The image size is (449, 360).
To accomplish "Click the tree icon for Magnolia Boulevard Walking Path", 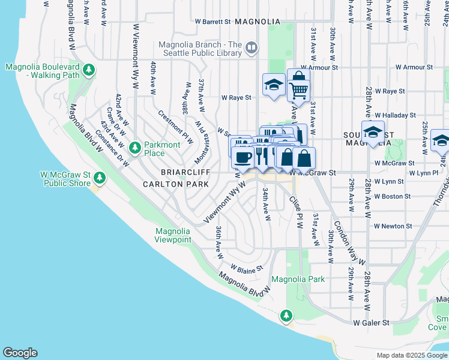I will tap(89, 70).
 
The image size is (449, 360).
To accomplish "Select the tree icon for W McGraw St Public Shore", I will tap(100, 178).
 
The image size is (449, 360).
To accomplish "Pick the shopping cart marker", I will tap(298, 89).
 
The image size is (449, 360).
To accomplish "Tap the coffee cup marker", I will tap(243, 158).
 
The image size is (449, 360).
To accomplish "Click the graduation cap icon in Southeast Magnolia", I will tap(373, 133).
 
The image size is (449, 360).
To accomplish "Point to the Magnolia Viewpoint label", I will tap(173, 235).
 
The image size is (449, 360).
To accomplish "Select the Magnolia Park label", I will tap(298, 279).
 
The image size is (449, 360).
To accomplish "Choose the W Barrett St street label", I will tap(213, 22).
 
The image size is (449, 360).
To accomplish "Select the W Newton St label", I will tap(393, 226).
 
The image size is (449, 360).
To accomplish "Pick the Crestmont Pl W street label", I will tap(175, 127).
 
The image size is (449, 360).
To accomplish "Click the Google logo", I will tap(20, 353).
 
